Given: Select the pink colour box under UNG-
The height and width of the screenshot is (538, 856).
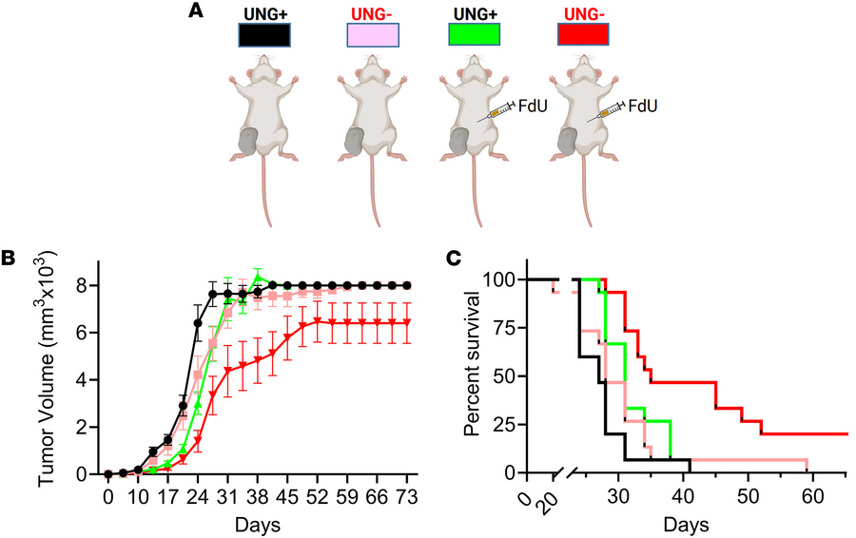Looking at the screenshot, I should pos(377,35).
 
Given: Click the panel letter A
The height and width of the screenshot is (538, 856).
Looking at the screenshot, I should pos(197,10).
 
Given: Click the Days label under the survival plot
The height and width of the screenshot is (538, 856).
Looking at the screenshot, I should pos(684,524).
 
